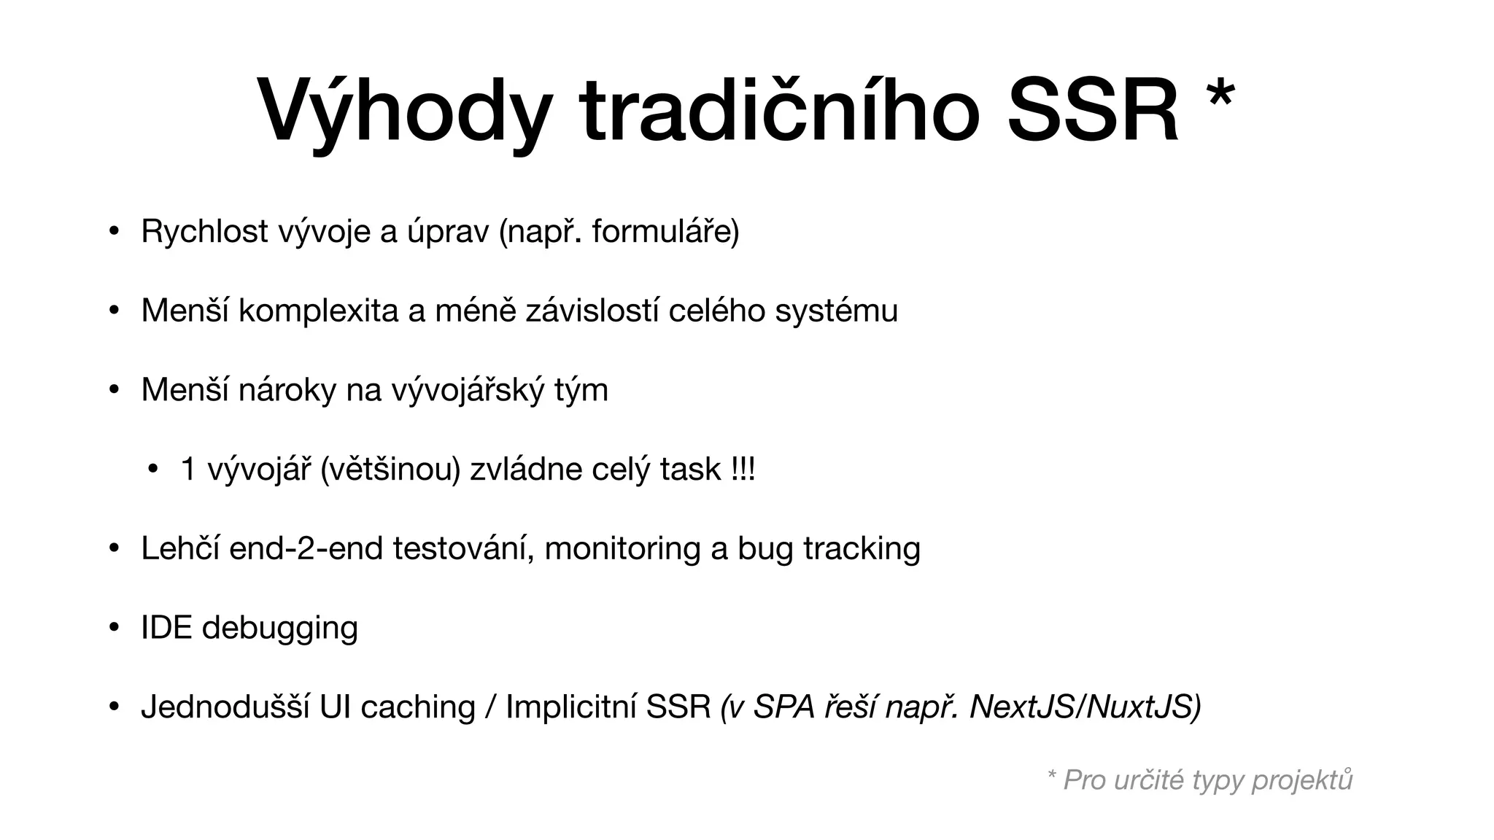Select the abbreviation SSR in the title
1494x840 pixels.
pos(1092,111)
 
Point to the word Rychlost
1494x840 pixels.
pos(204,231)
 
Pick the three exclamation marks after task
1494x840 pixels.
pos(742,469)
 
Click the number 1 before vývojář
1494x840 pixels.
pos(188,469)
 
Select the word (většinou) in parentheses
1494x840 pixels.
pos(390,469)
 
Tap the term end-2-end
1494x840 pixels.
pos(306,548)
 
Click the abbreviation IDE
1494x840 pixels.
pos(166,627)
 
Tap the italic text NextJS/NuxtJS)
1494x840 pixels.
pos(1085,707)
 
